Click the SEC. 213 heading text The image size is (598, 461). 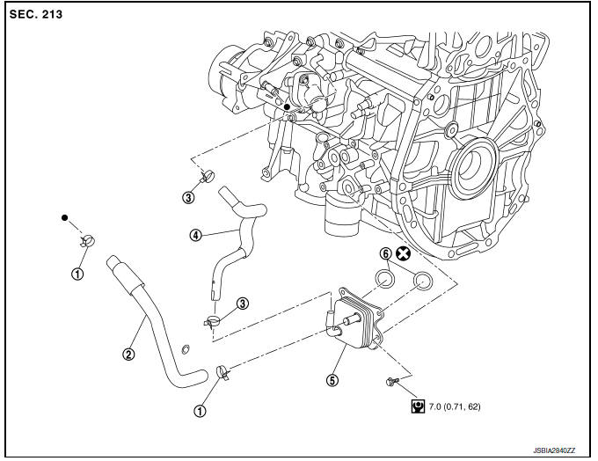pyautogui.click(x=38, y=16)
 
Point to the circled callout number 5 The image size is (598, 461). pyautogui.click(x=332, y=380)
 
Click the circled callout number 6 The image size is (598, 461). pyautogui.click(x=385, y=254)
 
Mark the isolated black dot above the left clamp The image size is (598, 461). pyautogui.click(x=64, y=216)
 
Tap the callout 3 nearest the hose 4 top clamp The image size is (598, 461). pyautogui.click(x=188, y=197)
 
